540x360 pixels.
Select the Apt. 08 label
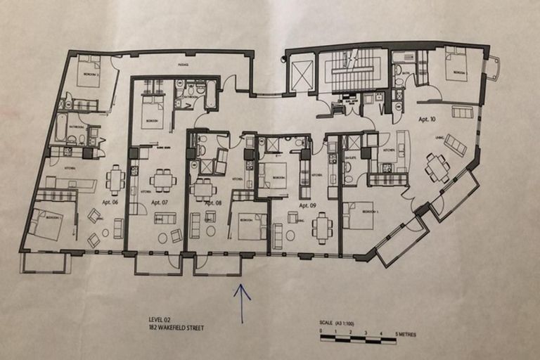[x=213, y=202]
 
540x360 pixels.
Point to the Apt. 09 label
[x=307, y=205]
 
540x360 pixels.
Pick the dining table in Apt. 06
[x=115, y=179]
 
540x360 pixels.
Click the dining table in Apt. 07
[x=163, y=180]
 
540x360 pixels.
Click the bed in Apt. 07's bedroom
[x=152, y=112]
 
